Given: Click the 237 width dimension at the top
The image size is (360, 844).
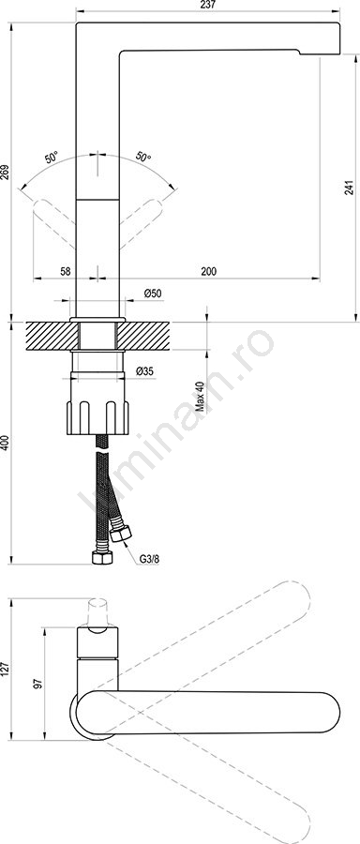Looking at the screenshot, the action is coord(207,5).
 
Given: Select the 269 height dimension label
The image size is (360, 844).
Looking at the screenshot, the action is coord(5,173).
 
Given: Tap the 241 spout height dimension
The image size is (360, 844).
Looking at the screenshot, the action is coord(350,187).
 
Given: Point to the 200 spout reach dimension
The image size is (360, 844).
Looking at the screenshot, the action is coord(209,272).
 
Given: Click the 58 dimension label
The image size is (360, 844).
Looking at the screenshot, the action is coord(65,272).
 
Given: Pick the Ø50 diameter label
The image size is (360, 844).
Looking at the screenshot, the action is coord(153,294).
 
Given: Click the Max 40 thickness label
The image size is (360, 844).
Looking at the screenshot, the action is coord(201,397).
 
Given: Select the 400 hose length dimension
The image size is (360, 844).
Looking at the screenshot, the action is coord(5,443).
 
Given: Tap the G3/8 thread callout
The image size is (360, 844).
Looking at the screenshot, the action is coord(149,559).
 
